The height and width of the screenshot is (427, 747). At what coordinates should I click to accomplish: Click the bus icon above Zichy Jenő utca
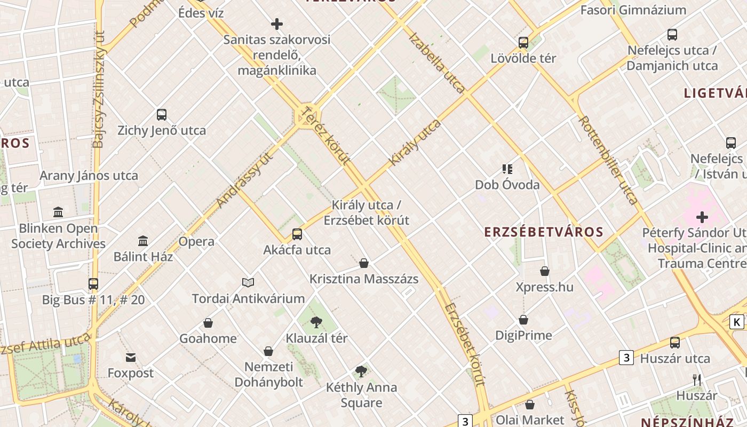click(162, 114)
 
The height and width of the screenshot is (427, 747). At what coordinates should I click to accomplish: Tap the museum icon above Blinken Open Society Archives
click(58, 212)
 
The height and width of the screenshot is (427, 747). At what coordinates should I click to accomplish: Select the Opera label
click(196, 241)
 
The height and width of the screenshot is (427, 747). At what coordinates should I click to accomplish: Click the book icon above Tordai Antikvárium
click(248, 282)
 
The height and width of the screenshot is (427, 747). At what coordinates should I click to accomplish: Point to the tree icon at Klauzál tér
click(316, 322)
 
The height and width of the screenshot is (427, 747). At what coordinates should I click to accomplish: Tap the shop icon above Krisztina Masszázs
click(364, 263)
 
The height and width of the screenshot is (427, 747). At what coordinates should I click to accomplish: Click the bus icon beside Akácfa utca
click(297, 234)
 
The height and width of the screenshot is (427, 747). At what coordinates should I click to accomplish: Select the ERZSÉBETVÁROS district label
click(544, 232)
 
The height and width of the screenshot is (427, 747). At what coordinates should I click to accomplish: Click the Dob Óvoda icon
click(507, 169)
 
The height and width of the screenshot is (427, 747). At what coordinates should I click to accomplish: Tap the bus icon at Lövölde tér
click(523, 42)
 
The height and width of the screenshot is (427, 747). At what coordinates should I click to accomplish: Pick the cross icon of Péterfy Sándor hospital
click(702, 217)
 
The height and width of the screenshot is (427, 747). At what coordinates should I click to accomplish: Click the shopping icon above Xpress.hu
click(545, 271)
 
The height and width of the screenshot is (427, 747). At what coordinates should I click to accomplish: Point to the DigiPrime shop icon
click(523, 320)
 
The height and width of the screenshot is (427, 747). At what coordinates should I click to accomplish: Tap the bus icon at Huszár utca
click(675, 343)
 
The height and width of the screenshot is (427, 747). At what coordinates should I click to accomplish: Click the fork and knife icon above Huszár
click(696, 379)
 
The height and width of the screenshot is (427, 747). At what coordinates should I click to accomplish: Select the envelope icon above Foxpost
click(131, 357)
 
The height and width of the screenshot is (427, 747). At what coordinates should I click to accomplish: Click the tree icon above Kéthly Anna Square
click(361, 371)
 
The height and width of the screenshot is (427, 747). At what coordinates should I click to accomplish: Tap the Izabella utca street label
click(437, 63)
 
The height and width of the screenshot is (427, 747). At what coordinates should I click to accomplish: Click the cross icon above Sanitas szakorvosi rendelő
click(277, 24)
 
